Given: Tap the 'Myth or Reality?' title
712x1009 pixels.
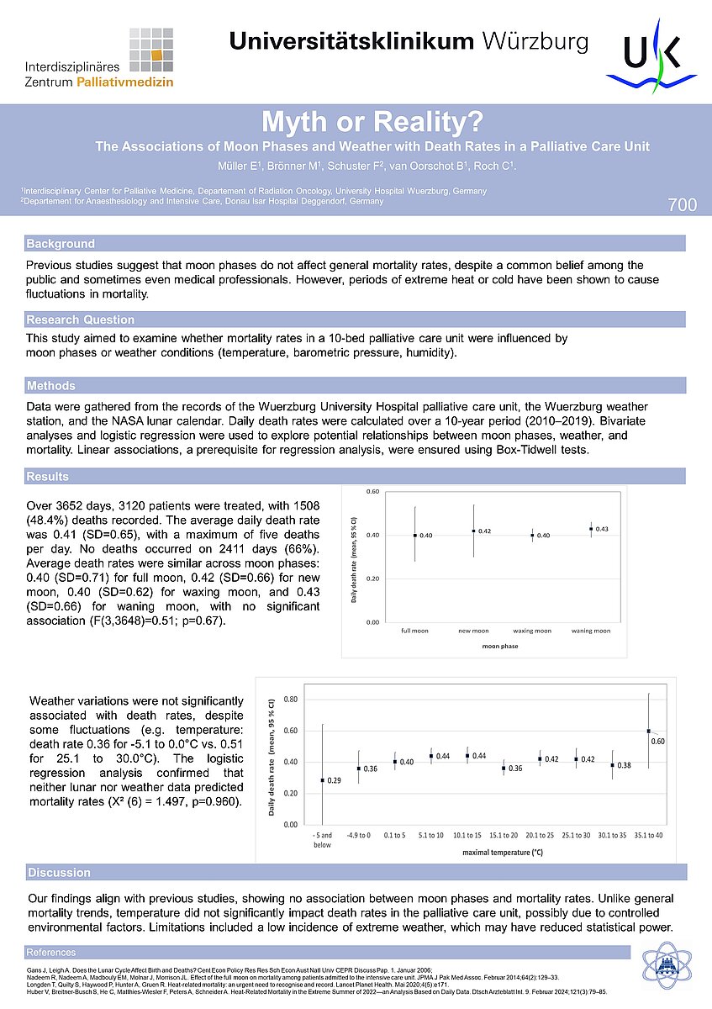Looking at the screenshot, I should (356, 122).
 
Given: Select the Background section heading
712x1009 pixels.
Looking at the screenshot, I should (61, 244).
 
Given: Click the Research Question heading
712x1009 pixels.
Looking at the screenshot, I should (80, 320).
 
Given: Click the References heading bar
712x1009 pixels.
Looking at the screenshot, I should (51, 952).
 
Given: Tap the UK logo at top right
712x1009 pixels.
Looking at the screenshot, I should (651, 59).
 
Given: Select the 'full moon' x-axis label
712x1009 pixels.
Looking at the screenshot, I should (414, 631).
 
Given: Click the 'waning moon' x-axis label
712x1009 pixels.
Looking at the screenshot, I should (591, 631).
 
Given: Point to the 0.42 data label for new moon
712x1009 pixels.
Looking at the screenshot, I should (484, 531).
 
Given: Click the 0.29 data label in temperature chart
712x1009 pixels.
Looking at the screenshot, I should (334, 781).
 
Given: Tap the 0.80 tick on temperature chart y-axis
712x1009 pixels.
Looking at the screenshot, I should (291, 700).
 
